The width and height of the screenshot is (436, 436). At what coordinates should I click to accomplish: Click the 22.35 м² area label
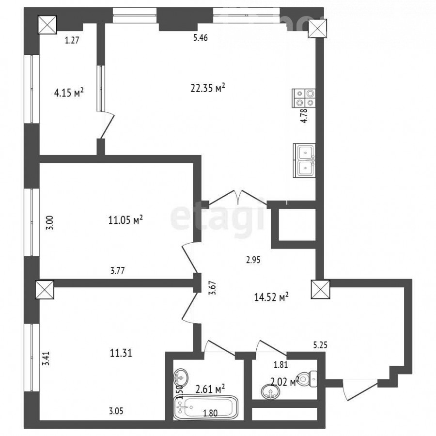208,88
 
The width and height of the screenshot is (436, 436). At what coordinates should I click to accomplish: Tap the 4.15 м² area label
69,93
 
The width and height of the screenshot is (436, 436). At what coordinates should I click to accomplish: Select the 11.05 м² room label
125,220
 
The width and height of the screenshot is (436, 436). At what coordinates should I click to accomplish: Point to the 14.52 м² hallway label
271,297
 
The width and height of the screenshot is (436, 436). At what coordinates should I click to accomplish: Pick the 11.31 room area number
121,354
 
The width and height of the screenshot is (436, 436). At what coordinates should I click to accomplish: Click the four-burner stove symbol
304,98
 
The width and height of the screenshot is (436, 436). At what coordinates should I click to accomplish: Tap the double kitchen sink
304,160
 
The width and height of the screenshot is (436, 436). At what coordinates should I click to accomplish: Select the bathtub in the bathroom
206,407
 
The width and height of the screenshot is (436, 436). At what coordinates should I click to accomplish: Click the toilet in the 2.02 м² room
308,378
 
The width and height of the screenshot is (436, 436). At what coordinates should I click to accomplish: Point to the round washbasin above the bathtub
181,377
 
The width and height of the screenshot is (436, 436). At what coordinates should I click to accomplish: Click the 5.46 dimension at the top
201,37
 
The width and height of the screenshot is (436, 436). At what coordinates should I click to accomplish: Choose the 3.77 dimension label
117,270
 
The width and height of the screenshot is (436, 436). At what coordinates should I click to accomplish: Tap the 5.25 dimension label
320,345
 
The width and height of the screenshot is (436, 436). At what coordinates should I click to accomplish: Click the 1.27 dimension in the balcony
72,40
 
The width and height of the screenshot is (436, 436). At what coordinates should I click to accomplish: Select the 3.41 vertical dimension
46,358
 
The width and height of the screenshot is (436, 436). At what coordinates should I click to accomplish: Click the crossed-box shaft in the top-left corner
47,25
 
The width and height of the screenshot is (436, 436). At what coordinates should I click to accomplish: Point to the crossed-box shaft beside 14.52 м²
320,290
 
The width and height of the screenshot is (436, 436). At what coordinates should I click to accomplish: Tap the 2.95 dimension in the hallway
253,260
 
